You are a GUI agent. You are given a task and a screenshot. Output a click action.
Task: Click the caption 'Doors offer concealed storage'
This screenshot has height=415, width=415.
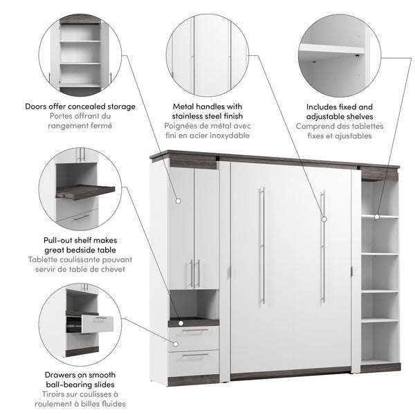(80, 107)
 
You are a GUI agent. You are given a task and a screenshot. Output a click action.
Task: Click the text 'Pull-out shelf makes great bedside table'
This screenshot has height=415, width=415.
(80, 246)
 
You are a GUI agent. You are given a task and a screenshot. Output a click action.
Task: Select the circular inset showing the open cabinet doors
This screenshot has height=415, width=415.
(80, 55)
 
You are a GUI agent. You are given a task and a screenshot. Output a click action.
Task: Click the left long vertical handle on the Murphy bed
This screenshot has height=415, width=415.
(261, 245)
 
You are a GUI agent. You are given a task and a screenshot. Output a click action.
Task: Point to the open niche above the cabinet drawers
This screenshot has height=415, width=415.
(194, 304)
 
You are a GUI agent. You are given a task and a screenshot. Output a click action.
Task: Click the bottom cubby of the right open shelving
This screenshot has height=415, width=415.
(379, 342)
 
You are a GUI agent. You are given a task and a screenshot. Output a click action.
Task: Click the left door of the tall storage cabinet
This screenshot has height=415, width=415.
(181, 228)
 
